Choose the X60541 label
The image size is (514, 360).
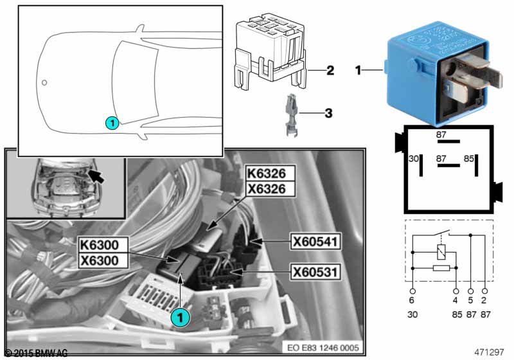coord(315,242)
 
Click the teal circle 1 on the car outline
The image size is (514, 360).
coord(111,122)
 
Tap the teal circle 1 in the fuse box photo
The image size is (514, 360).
coord(181,316)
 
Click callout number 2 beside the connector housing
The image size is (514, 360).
coord(330,69)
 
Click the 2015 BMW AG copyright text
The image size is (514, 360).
coord(36,353)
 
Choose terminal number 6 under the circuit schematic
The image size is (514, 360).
coord(411,300)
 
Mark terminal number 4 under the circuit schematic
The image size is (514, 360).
coord(456,300)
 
